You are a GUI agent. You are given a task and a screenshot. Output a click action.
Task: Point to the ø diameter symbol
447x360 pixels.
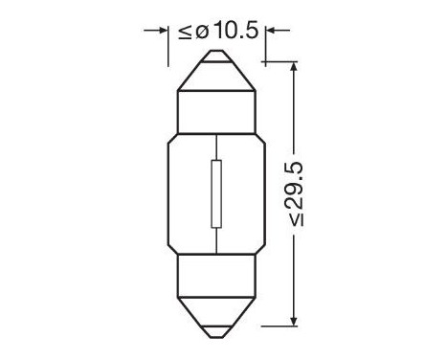pos(201,32)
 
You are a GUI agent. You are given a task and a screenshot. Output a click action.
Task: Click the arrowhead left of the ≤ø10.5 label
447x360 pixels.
pos(162,32)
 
